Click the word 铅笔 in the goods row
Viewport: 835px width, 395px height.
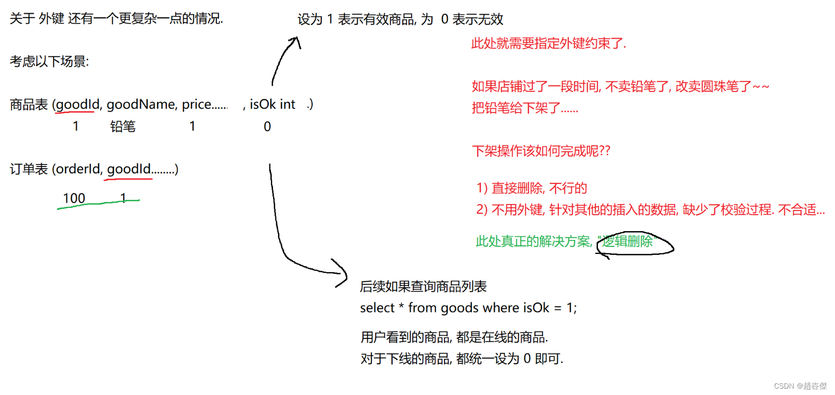coord(123,126)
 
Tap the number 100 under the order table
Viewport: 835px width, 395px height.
coord(74,198)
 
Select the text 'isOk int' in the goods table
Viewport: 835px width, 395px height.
coord(272,105)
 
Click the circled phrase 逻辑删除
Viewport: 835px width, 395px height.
coord(628,242)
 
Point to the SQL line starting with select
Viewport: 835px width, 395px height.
coord(468,308)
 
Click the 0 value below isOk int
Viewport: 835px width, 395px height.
coord(267,127)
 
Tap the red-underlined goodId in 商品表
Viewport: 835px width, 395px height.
coord(77,105)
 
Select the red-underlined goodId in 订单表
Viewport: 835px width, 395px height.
coord(129,169)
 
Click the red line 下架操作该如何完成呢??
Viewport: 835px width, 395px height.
coord(541,151)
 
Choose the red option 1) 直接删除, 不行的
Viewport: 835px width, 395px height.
coord(531,188)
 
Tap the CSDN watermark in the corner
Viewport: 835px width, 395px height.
coord(800,386)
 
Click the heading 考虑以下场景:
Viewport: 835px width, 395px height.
coord(49,61)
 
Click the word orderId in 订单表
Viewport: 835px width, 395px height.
coord(78,169)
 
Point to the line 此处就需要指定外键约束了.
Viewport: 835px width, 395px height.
coord(548,43)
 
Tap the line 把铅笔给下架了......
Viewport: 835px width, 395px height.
coord(524,108)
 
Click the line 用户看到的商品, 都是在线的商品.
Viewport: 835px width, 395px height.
coord(454,337)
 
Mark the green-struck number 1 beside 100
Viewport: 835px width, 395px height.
coord(123,198)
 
